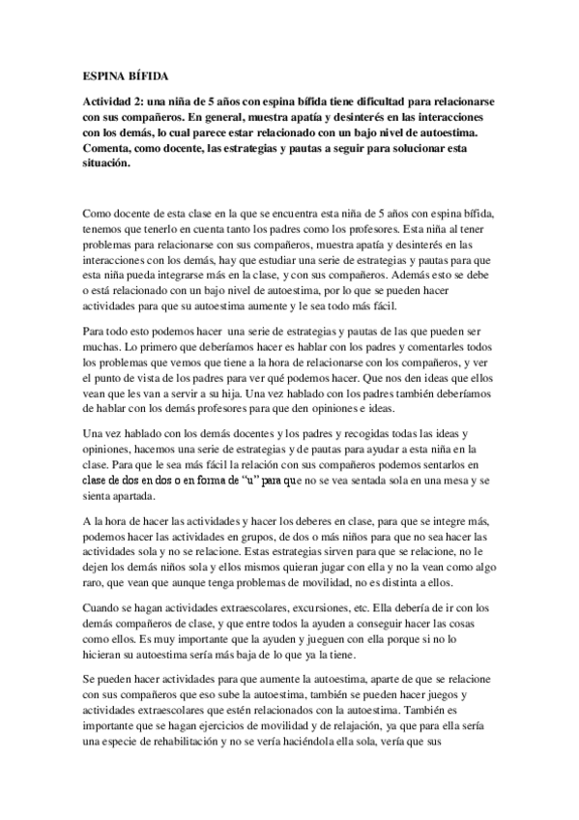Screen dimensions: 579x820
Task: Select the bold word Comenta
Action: coord(106,149)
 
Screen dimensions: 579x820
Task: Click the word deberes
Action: coord(309,523)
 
